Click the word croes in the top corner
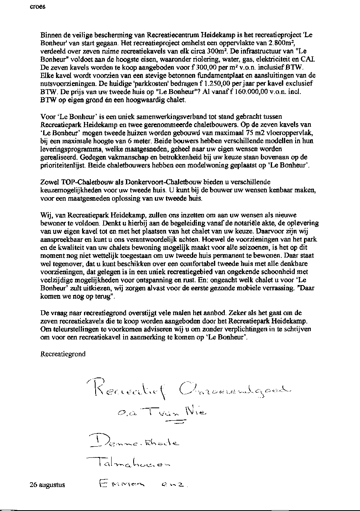(38, 7)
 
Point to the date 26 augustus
(47, 485)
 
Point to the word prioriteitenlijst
(64, 166)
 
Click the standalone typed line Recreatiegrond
(63, 354)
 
